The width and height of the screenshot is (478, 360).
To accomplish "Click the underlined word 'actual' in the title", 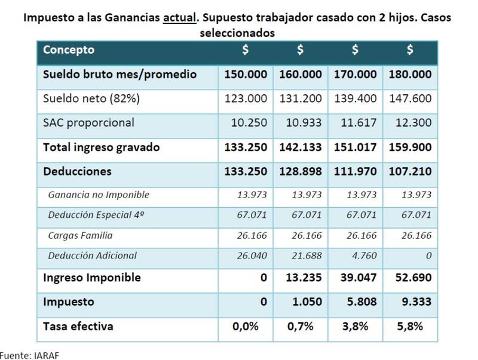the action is [179, 18].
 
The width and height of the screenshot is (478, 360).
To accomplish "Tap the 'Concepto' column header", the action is [69, 50].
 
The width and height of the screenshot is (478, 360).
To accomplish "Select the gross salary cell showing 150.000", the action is [246, 74].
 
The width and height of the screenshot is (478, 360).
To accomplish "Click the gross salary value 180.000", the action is [410, 74].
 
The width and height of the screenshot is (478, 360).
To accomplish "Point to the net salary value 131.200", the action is [301, 99].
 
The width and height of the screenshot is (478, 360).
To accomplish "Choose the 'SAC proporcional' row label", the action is [88, 123].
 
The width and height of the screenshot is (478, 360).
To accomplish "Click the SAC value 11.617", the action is [358, 123].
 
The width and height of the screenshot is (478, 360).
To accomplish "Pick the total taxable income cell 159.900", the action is [410, 147].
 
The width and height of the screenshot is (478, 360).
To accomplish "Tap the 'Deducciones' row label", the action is [77, 171].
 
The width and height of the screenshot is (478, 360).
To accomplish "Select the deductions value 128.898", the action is [301, 171].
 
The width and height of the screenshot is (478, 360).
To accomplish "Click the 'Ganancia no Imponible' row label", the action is [99, 195].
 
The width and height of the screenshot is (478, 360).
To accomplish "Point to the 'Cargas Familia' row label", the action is [81, 235].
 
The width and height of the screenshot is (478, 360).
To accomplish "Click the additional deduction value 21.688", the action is [307, 256].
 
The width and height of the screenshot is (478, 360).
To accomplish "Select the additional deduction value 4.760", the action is [364, 256].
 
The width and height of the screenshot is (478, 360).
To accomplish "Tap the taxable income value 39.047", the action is [358, 278].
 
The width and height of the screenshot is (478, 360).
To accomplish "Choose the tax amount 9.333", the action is [416, 302].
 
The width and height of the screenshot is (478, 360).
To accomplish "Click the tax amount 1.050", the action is [307, 302].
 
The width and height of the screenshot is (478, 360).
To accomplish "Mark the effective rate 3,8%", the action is [355, 327].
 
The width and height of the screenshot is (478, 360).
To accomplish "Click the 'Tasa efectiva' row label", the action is [78, 327].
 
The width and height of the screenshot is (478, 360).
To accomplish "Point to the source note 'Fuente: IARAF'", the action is [29, 355].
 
